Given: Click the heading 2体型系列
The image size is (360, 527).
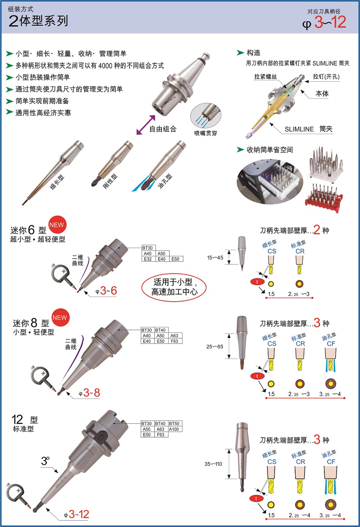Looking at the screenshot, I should point(38,21).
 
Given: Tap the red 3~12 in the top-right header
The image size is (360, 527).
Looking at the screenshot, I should point(330,22).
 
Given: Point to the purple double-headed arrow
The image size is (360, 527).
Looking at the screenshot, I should point(146,125).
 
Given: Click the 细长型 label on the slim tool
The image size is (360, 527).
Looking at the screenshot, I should point(57,182).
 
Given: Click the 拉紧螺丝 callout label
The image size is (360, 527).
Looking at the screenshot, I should point(266,76).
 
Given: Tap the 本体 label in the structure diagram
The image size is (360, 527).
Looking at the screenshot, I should point(322,94).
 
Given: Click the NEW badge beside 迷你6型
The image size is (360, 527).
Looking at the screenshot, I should point(57,225).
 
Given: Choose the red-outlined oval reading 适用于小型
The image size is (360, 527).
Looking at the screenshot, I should point(174,287).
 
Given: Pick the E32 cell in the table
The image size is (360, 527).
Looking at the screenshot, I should point(148,259).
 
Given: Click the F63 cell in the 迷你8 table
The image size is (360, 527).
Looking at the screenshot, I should point(174,341).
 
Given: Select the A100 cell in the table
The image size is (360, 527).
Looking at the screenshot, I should point(174,429).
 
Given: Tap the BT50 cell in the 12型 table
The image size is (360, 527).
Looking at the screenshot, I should point(174,423).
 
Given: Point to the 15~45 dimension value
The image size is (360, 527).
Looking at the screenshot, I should point(215,257).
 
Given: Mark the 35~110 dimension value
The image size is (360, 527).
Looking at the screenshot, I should point(213,464).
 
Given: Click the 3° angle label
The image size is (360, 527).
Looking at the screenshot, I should point(45,461).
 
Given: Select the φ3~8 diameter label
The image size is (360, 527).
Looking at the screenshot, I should point(89,393).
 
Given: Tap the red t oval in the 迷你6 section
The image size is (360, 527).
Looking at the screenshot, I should point(257,282).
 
